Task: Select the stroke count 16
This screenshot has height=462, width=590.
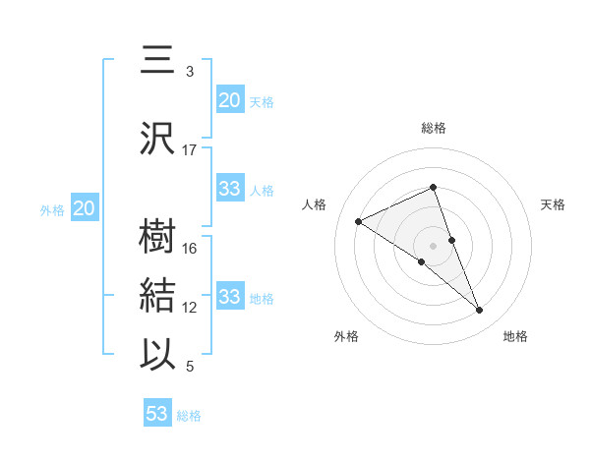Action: [x=190, y=249]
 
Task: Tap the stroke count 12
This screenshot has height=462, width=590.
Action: [x=190, y=308]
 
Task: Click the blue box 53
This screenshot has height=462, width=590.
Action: [x=157, y=414]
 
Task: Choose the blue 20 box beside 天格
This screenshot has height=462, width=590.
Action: [x=230, y=100]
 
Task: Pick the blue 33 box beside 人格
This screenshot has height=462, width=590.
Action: [x=230, y=189]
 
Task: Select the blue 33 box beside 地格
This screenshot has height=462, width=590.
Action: [x=230, y=297]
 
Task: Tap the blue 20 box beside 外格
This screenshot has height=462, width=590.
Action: [x=84, y=208]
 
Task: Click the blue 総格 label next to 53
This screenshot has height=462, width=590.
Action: [x=189, y=416]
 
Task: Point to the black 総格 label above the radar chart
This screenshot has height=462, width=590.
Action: [x=434, y=128]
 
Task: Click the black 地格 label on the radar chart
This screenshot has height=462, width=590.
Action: [x=515, y=337]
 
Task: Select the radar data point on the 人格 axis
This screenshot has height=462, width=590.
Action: [x=359, y=221]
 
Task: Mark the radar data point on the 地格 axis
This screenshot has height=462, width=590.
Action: [x=480, y=311]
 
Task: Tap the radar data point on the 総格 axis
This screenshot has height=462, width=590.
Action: [x=434, y=188]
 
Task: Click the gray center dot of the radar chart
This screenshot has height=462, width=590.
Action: [x=434, y=245]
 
